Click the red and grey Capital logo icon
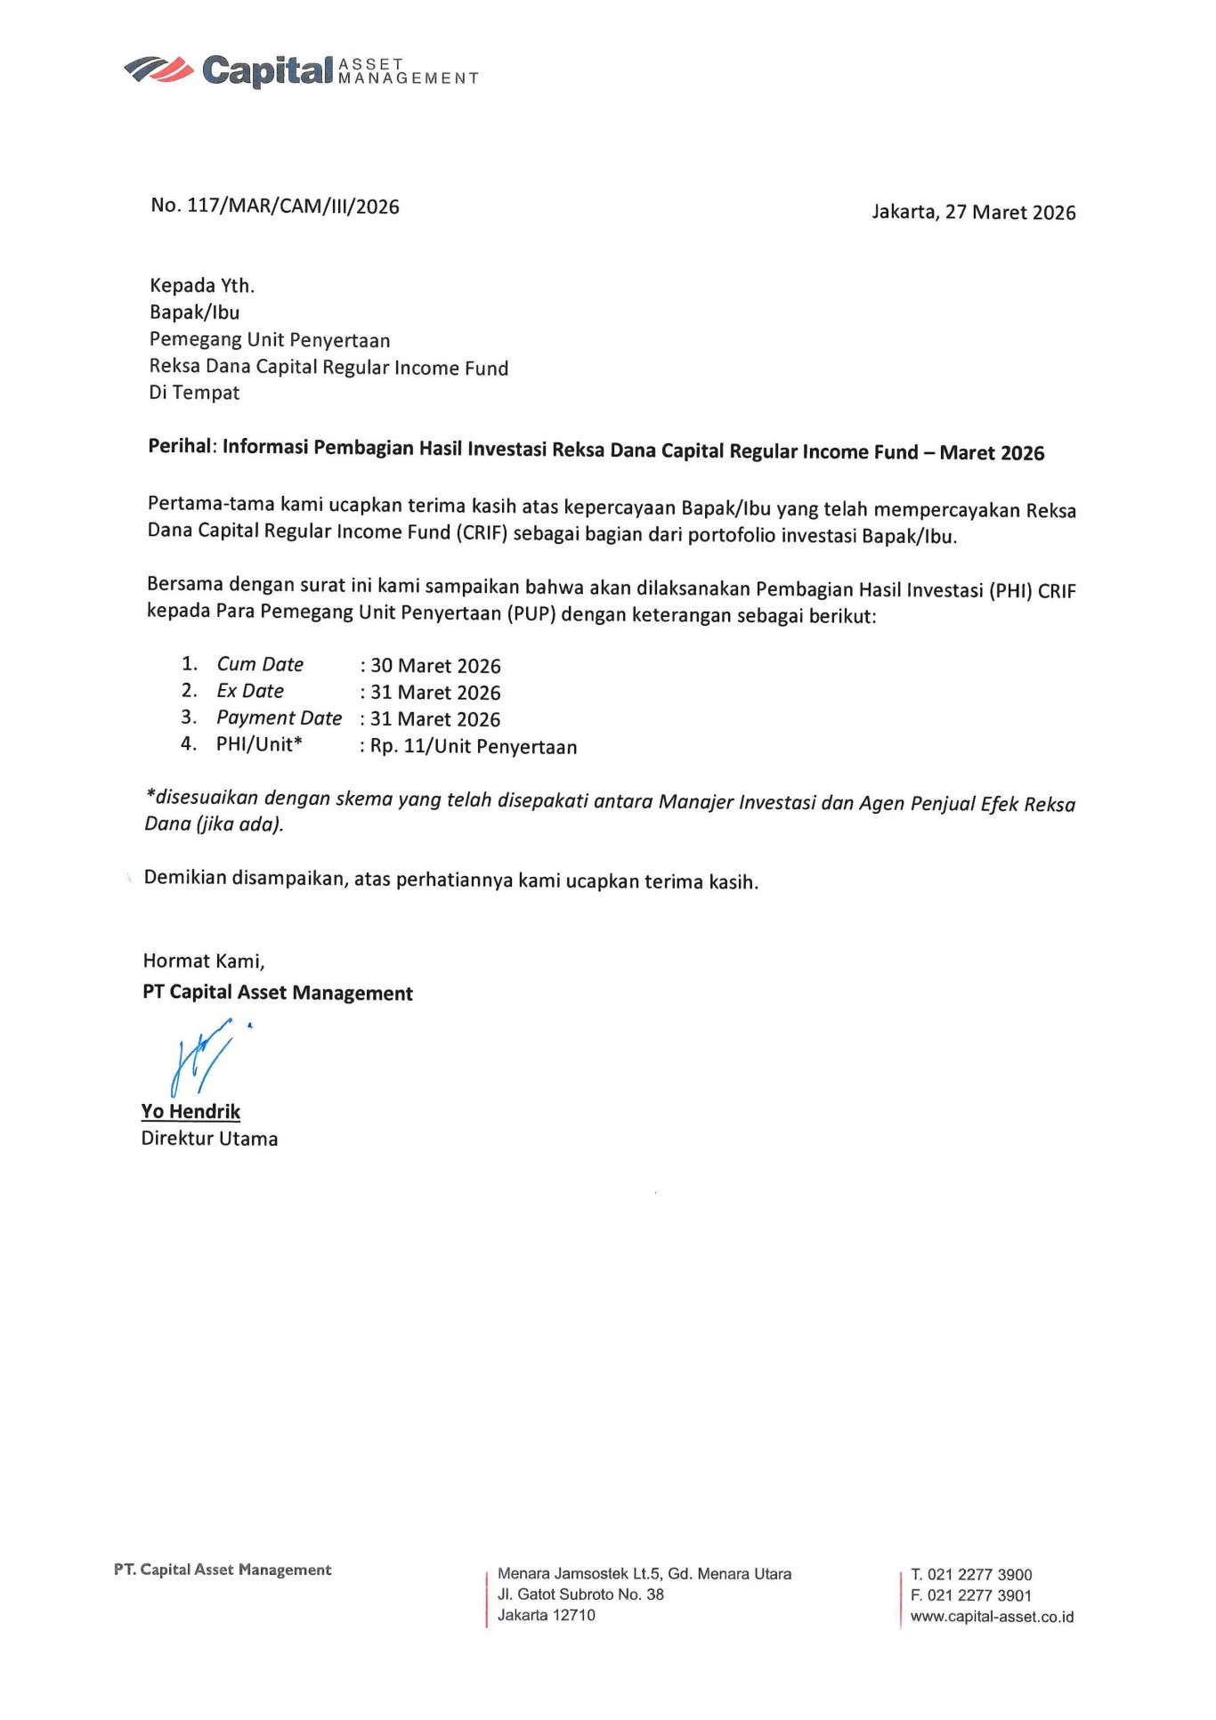click(x=158, y=69)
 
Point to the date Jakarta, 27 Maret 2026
click(x=973, y=212)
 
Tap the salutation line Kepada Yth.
click(x=202, y=286)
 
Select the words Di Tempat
click(x=194, y=393)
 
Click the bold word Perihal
click(x=181, y=446)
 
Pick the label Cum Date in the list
click(x=260, y=664)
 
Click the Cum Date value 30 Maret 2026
click(x=435, y=666)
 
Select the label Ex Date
click(x=250, y=691)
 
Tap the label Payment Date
click(x=279, y=718)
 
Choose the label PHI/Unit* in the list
click(x=259, y=744)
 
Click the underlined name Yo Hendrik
click(x=191, y=1111)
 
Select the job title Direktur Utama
click(x=209, y=1139)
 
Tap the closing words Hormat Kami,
click(x=204, y=961)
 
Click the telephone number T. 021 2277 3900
click(x=971, y=1575)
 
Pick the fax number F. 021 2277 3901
click(x=971, y=1595)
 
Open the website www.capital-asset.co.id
click(x=992, y=1617)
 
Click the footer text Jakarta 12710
click(x=547, y=1615)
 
